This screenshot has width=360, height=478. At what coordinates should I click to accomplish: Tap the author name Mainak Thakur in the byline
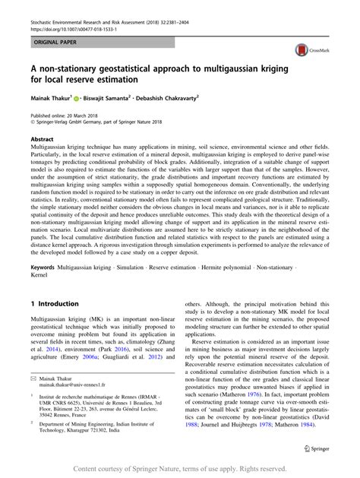coord(50,98)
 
